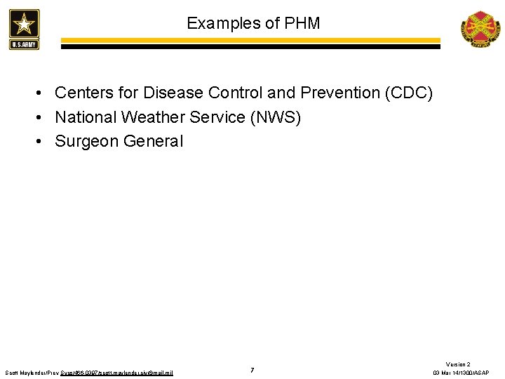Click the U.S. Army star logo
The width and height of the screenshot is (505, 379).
[x=25, y=29]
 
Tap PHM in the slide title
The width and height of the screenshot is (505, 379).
[x=302, y=23]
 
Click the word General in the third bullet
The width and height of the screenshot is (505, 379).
[x=153, y=141]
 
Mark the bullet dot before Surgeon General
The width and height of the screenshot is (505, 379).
[x=43, y=141]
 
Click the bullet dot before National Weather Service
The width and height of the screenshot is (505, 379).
[x=43, y=117]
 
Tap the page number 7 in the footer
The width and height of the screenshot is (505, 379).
[x=252, y=370]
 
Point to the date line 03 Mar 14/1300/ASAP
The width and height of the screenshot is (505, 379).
[x=461, y=373]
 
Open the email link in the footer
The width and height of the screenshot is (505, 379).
[x=133, y=373]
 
